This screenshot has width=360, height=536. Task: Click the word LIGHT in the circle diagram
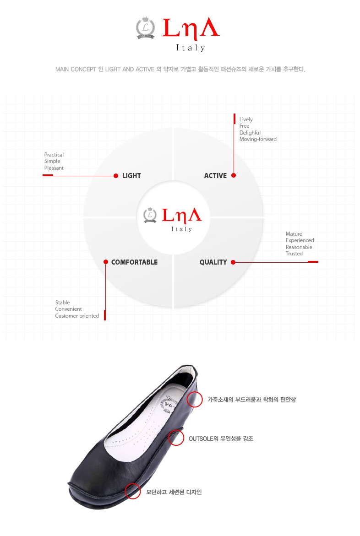131,176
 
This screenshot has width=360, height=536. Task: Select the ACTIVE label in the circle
215,176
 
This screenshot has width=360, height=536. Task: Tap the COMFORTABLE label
134,262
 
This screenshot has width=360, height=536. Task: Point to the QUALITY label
213,262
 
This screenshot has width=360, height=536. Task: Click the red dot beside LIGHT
116,176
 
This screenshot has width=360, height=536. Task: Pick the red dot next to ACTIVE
234,175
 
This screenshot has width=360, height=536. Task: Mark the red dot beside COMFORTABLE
106,262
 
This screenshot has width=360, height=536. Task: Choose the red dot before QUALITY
233,262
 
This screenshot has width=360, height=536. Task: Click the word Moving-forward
258,139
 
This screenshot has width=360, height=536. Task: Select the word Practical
54,155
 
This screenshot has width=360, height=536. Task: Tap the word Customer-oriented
77,316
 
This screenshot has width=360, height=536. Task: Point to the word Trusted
294,254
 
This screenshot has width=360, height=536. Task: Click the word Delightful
250,133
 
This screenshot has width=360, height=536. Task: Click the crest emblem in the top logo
146,27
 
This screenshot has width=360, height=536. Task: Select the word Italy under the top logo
191,48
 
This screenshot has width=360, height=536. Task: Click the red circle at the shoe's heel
195,399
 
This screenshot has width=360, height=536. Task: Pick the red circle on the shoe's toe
133,491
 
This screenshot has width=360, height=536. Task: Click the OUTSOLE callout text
221,439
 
